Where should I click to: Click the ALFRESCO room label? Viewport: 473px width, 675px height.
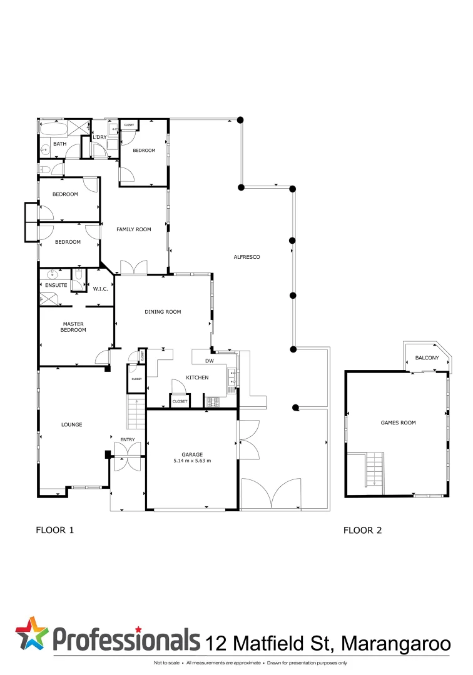click(x=247, y=257)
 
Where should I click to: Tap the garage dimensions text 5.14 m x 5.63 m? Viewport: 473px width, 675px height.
click(x=192, y=461)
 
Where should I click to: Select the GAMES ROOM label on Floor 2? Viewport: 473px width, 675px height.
click(x=398, y=423)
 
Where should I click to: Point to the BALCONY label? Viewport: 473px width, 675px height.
click(x=427, y=358)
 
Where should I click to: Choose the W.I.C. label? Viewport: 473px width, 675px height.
click(x=101, y=289)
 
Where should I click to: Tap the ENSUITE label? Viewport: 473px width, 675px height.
click(x=56, y=285)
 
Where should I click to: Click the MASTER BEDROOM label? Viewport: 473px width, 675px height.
click(x=73, y=327)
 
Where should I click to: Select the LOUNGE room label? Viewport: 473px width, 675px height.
click(x=72, y=425)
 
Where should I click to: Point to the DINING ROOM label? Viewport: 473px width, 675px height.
click(x=163, y=312)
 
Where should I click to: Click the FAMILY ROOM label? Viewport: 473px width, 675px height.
click(x=134, y=229)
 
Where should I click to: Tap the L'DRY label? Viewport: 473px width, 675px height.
click(x=99, y=137)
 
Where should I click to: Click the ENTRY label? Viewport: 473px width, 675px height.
click(x=128, y=440)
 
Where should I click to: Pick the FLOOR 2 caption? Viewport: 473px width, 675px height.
click(x=362, y=531)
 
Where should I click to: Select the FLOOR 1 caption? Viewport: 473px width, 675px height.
click(x=55, y=531)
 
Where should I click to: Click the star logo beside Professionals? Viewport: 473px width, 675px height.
click(x=31, y=633)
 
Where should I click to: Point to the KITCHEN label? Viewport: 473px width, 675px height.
click(x=197, y=377)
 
